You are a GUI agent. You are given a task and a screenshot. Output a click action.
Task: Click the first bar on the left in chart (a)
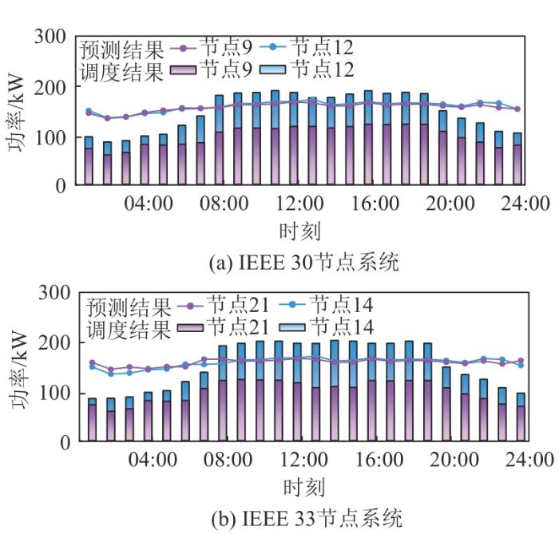click(89, 160)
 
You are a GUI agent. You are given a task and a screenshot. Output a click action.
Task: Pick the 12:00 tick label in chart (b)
click(304, 460)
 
